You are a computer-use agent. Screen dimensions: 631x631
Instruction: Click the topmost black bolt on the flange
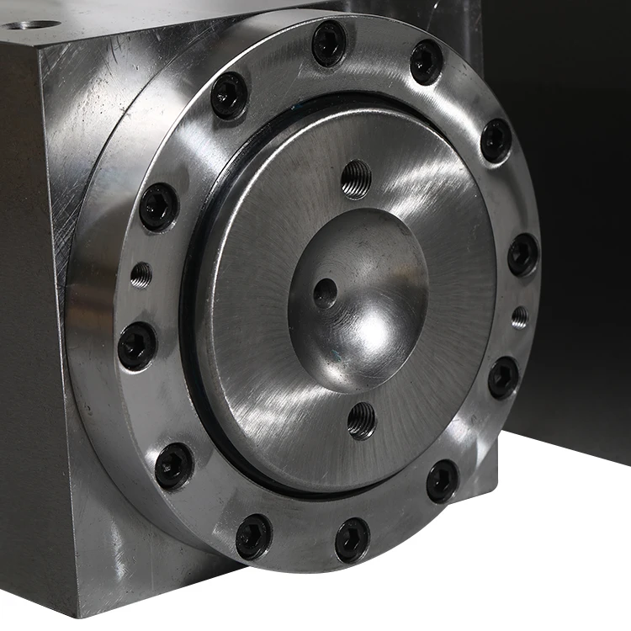click(329, 43)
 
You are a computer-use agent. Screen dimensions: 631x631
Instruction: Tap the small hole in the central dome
click(325, 293)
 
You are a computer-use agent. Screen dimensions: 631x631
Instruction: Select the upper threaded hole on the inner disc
click(357, 178)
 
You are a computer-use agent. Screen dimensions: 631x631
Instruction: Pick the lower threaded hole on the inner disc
click(362, 419)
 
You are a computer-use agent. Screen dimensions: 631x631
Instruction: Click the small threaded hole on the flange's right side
click(520, 317)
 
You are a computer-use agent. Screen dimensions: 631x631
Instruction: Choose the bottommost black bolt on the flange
click(352, 539)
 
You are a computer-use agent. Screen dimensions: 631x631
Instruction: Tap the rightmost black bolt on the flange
click(523, 254)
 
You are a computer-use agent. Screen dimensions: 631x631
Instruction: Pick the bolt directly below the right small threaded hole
click(504, 378)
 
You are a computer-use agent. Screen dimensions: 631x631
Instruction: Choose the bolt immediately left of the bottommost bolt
click(253, 537)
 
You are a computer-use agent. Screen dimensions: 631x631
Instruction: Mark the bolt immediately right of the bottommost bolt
click(443, 481)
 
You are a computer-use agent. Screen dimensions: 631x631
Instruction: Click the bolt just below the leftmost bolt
click(174, 465)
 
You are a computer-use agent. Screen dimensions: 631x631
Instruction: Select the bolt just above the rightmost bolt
click(496, 141)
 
